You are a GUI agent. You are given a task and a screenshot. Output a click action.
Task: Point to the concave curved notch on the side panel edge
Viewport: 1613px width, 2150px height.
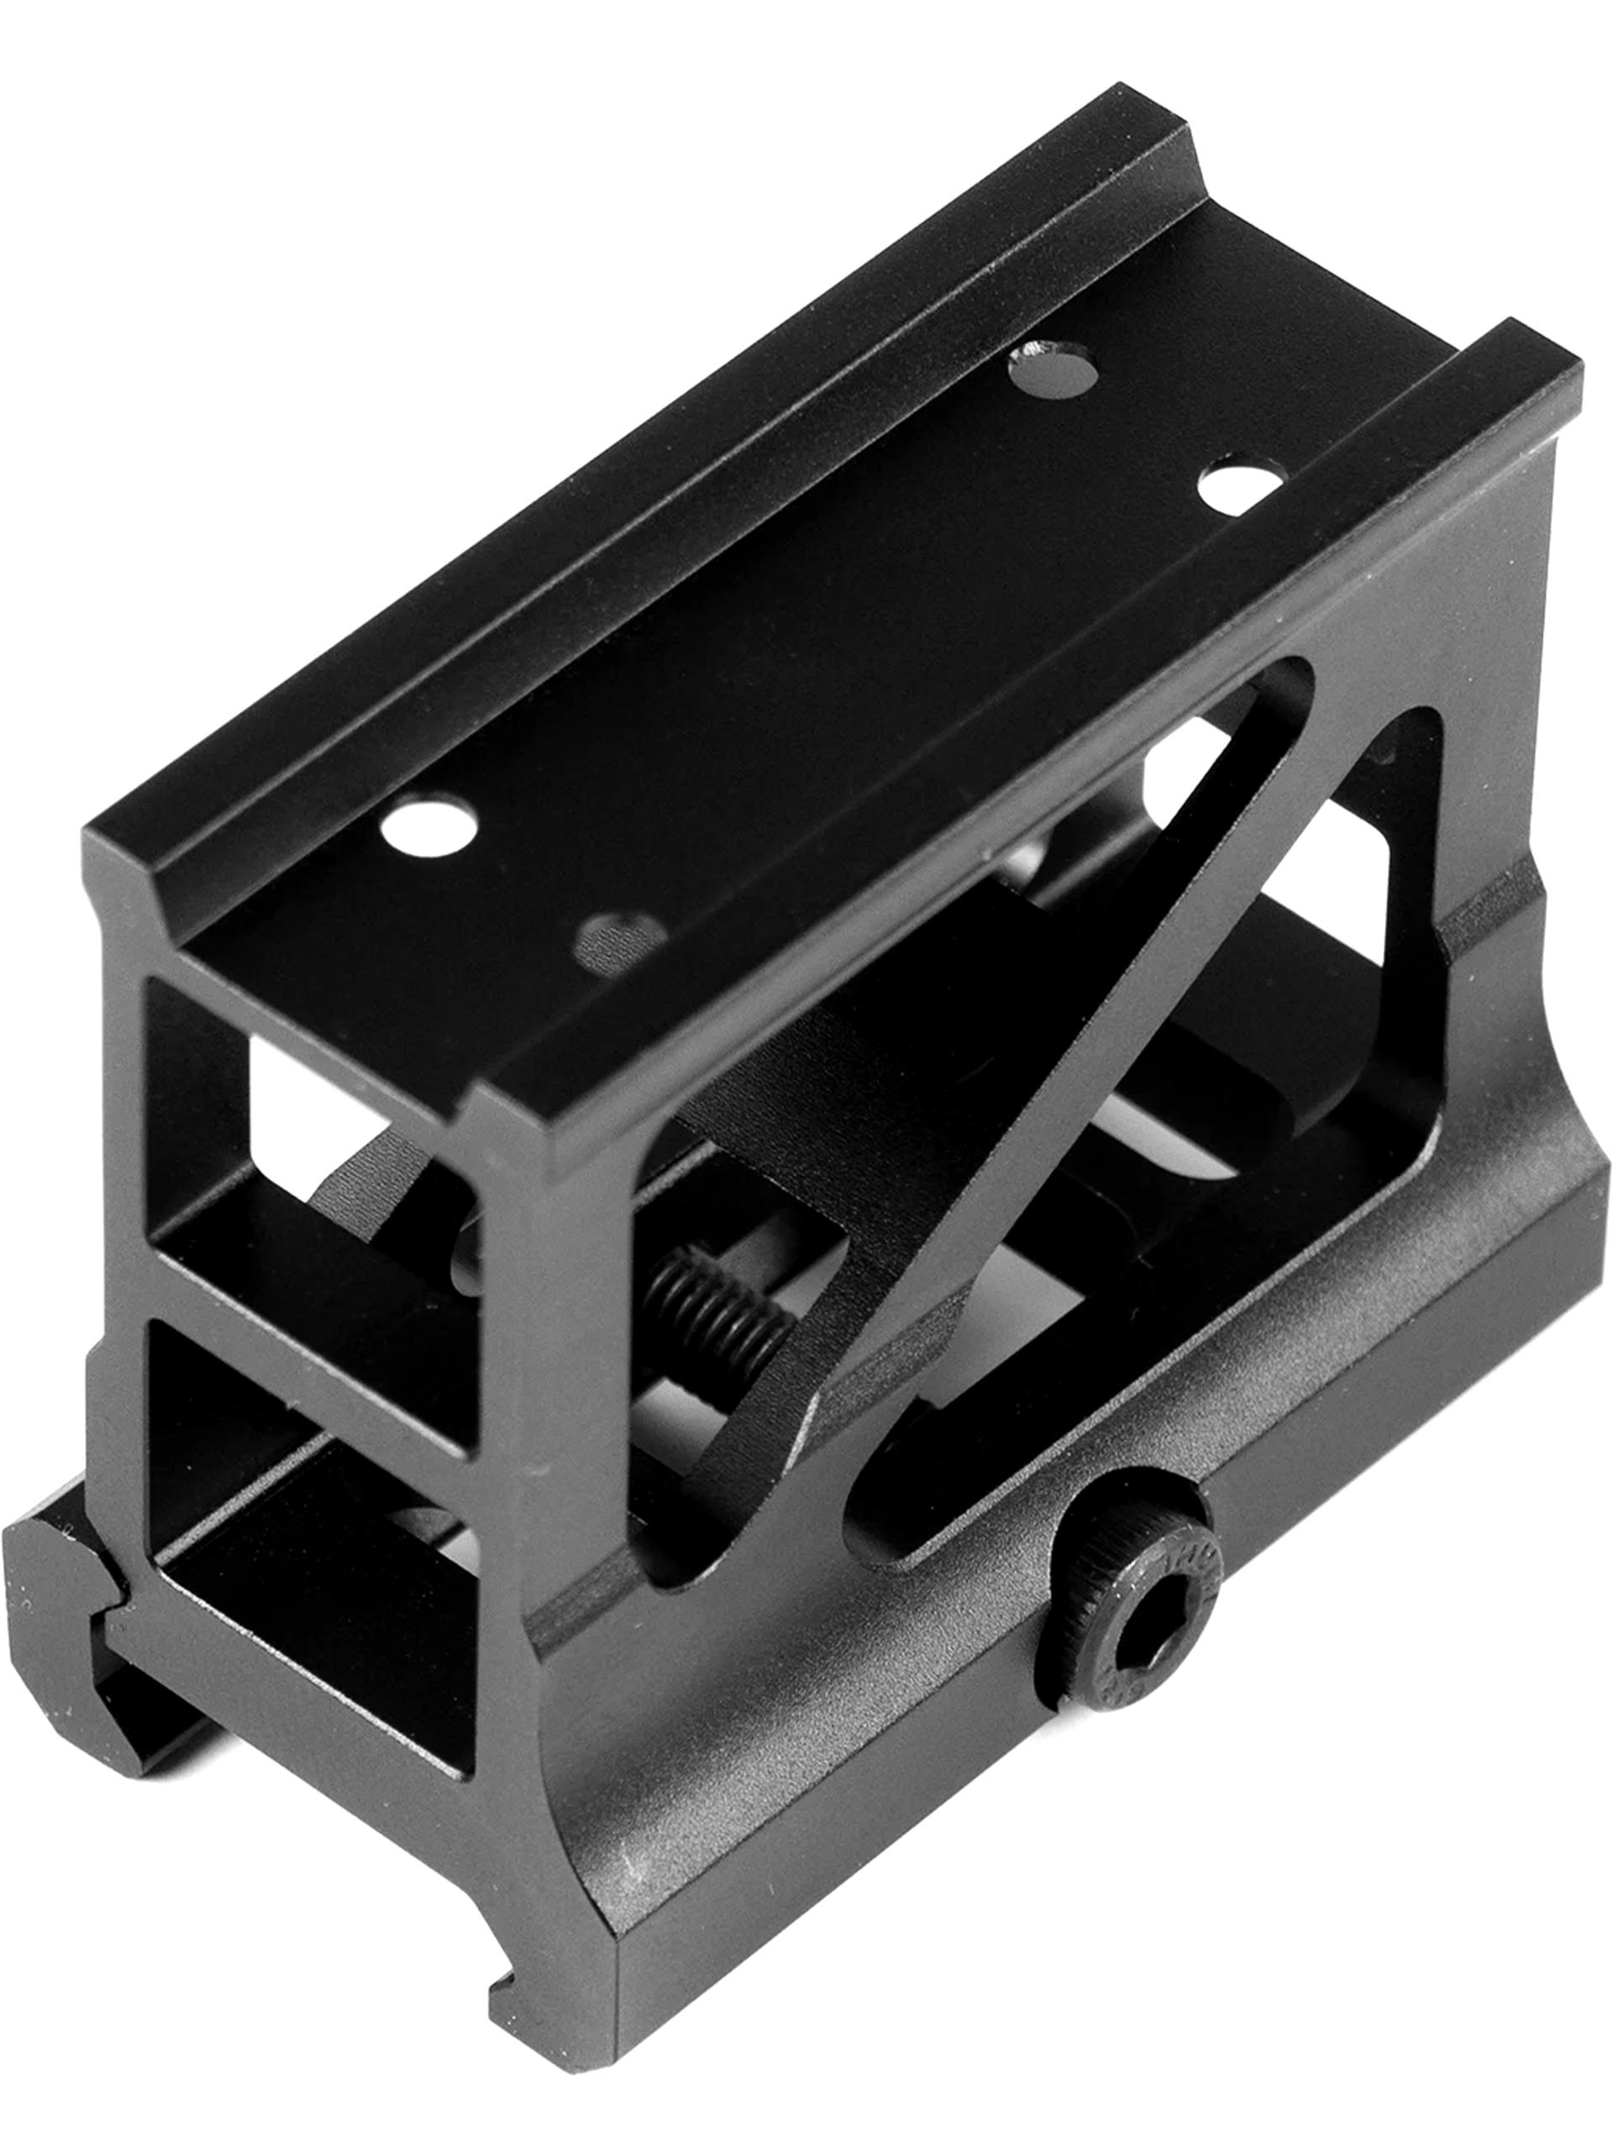coord(1497,1020)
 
